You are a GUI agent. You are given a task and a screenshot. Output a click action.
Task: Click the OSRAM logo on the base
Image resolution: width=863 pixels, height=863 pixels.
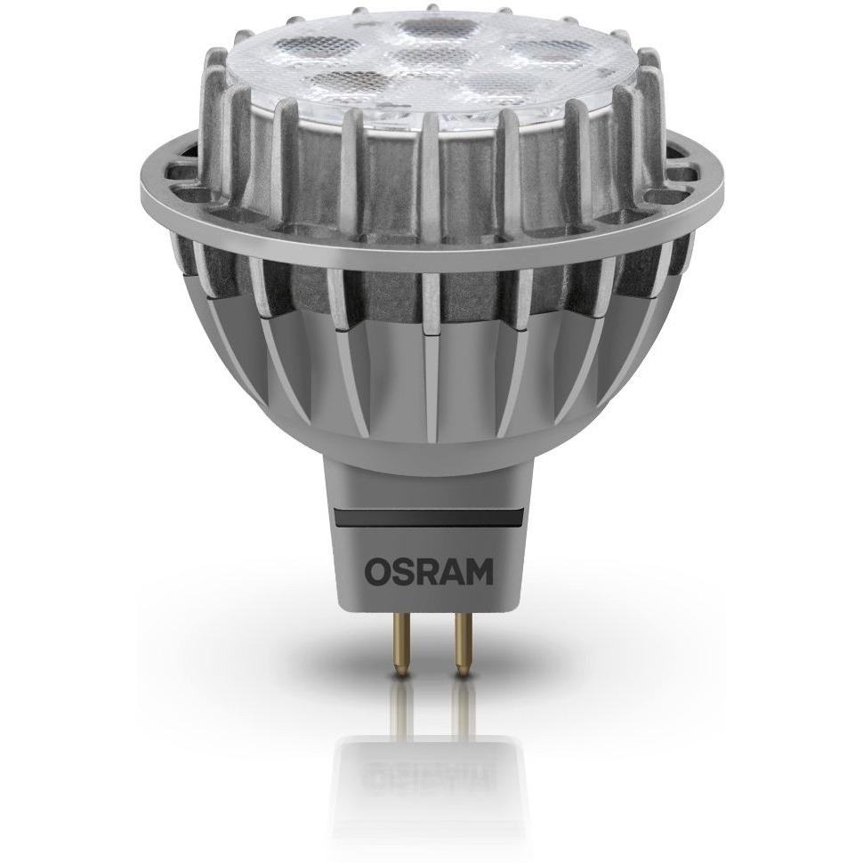429,574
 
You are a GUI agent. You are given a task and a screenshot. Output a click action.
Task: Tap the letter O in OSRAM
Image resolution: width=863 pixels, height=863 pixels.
377,574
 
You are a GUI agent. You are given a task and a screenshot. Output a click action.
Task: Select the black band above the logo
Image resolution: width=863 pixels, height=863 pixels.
428,519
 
